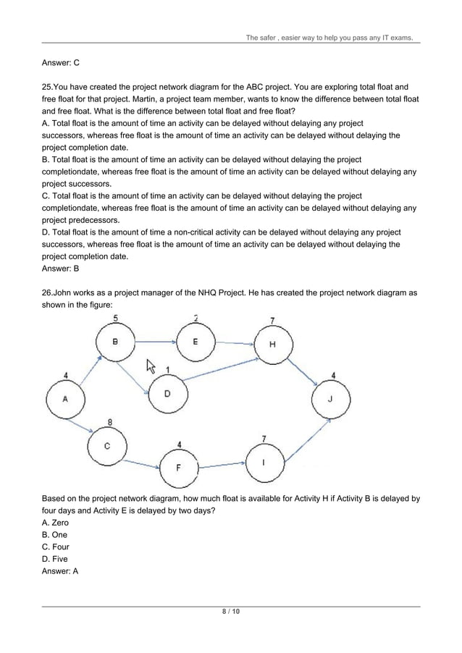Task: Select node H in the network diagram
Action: click(x=272, y=344)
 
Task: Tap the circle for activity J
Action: click(x=331, y=399)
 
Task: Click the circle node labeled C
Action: click(x=107, y=446)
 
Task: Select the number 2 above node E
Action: click(x=196, y=317)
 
